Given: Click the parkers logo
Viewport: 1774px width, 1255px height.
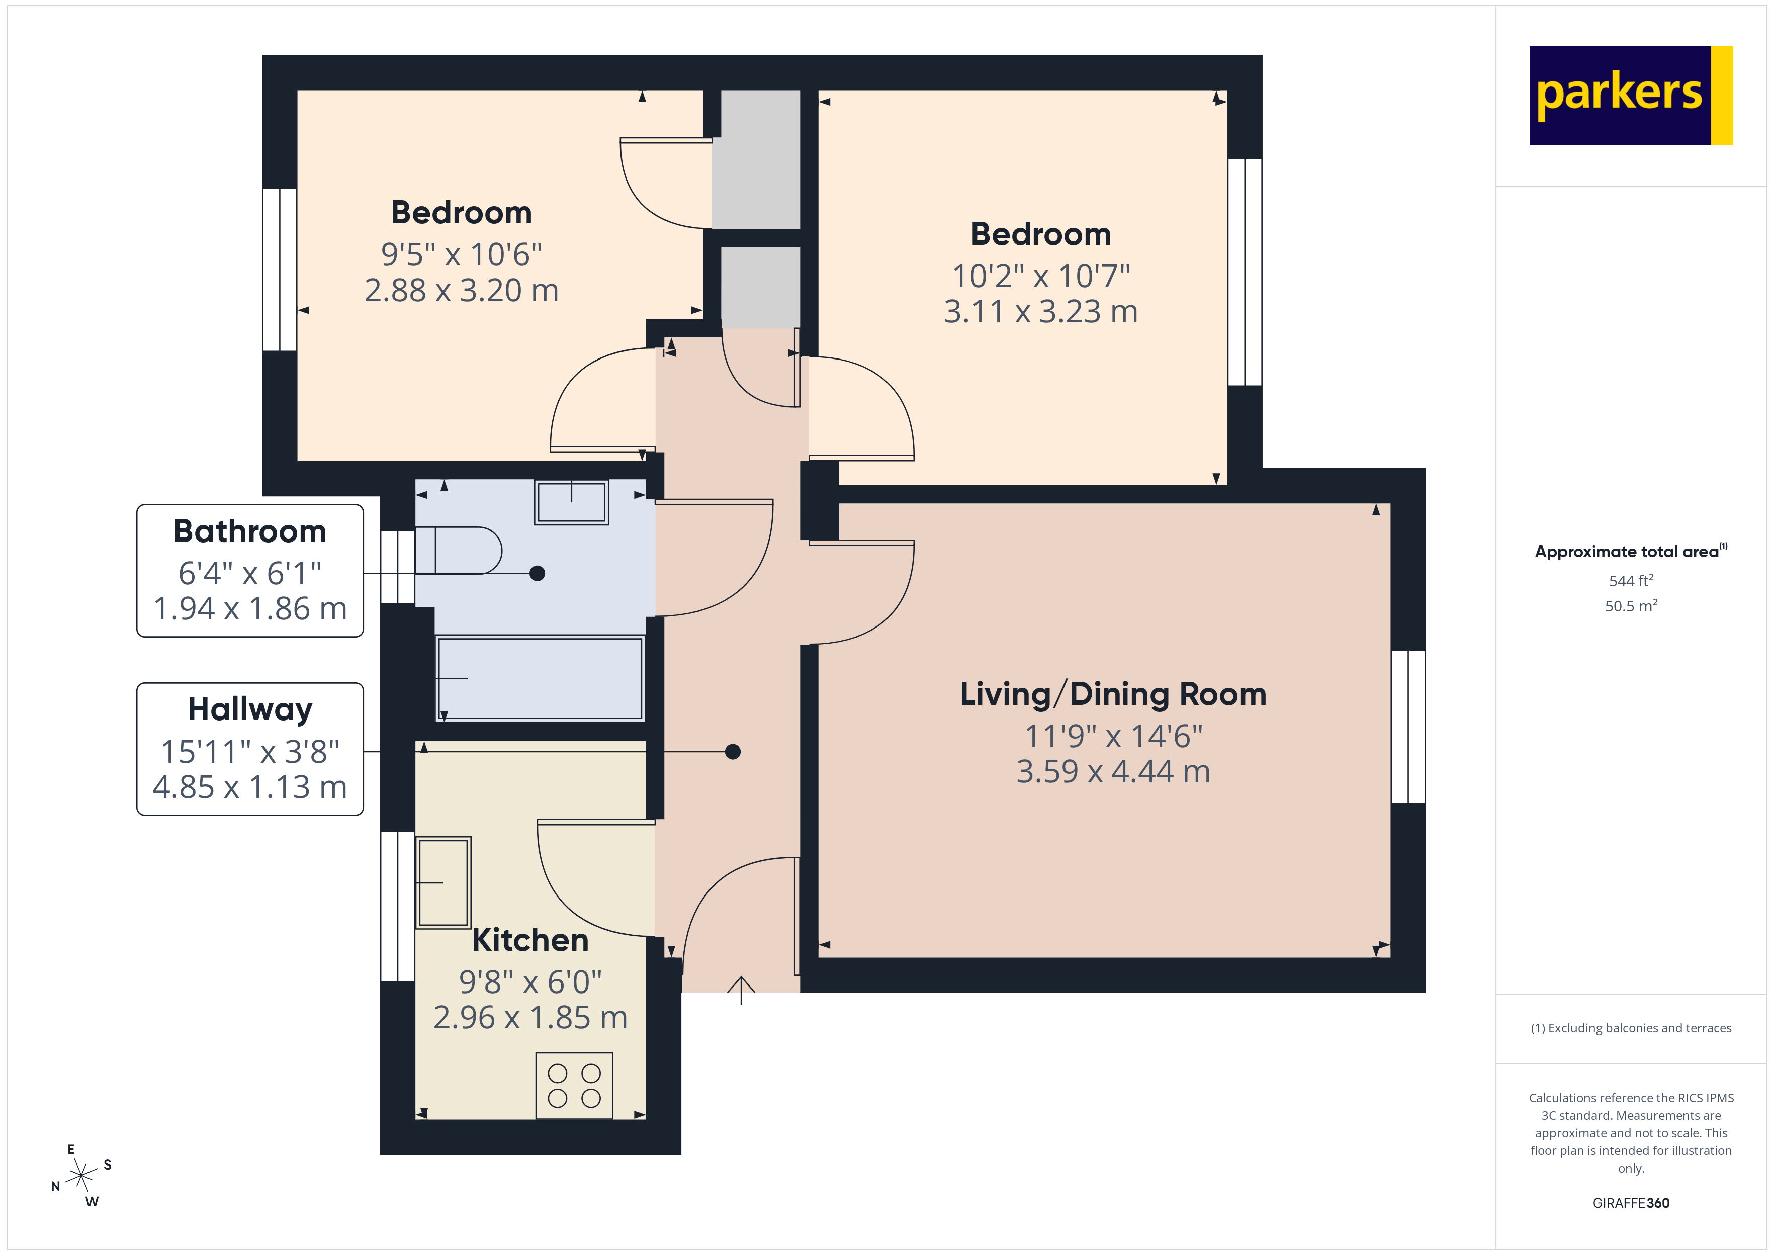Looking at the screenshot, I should click(x=1630, y=96).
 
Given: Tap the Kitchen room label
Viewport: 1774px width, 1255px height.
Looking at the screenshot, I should click(x=530, y=940).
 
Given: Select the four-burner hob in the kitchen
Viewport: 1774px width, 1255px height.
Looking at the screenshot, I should click(x=574, y=1085).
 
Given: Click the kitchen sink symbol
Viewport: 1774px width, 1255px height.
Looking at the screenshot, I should click(x=443, y=882).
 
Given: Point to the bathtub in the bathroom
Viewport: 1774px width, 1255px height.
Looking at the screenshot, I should click(x=540, y=678).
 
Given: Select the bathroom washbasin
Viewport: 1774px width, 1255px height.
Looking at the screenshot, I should click(x=572, y=502).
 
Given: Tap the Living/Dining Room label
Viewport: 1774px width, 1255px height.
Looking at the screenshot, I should click(x=1113, y=694).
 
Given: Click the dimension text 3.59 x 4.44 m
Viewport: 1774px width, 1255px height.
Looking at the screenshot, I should click(x=1113, y=771).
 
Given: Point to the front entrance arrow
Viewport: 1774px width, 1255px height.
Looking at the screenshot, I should click(x=741, y=989).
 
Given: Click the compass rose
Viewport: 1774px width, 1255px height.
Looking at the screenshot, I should click(x=81, y=1176).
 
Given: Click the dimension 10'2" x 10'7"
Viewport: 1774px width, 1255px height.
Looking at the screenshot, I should click(x=1041, y=276).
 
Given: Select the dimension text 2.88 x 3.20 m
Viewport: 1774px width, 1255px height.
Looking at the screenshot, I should click(x=461, y=291).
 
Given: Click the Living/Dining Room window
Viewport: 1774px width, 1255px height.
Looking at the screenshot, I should click(x=1408, y=727).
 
